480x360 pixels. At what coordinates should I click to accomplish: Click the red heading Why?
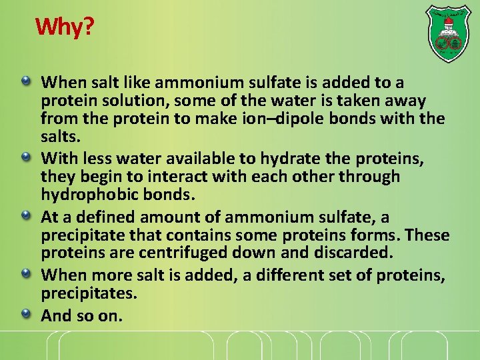[x=65, y=27]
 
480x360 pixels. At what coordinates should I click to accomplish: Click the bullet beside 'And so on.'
[x=25, y=313]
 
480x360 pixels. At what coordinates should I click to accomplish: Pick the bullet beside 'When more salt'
[x=25, y=273]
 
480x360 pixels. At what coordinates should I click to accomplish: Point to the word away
[x=401, y=101]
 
